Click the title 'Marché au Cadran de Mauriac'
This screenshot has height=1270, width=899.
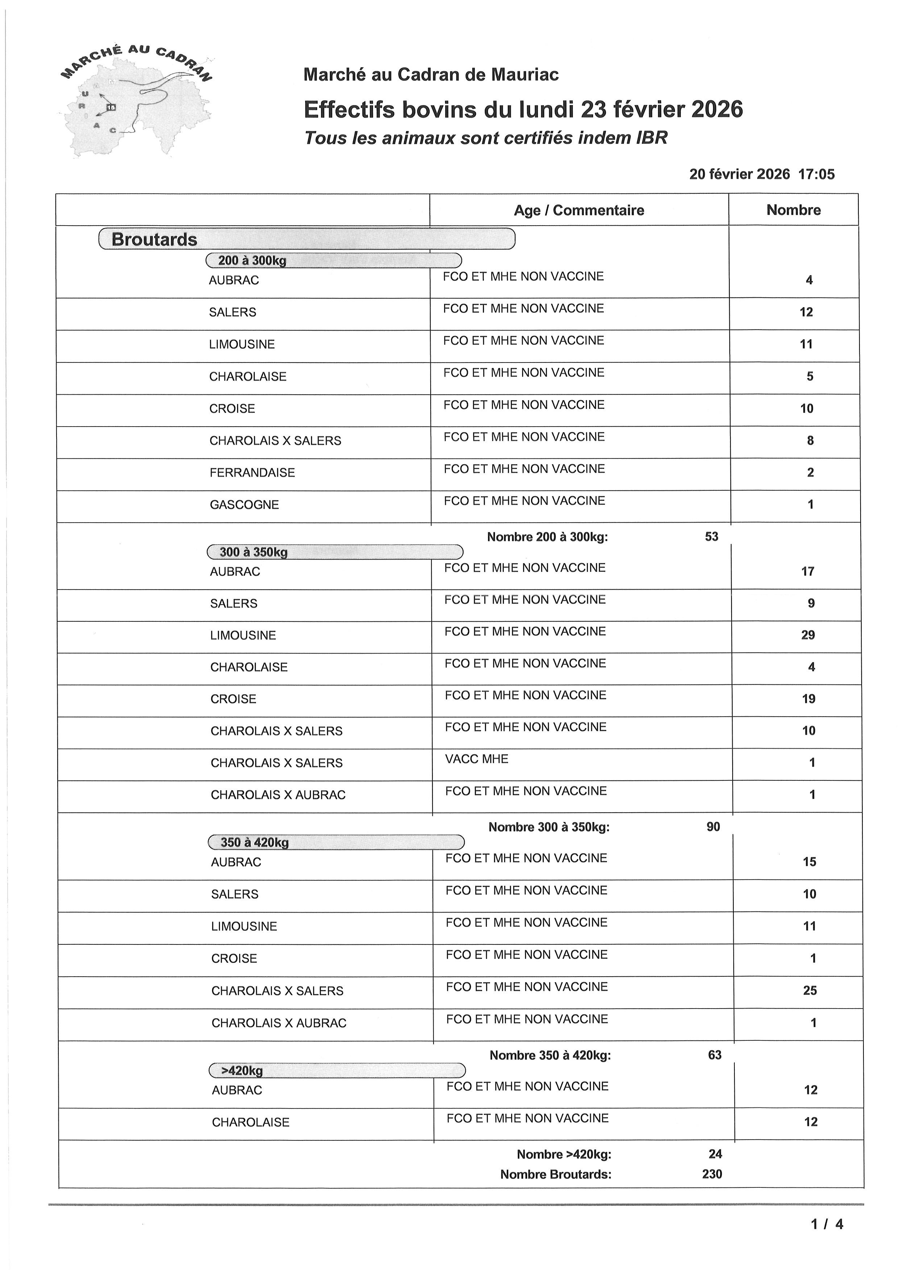click(x=431, y=75)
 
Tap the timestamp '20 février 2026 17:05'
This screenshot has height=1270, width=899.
click(x=761, y=174)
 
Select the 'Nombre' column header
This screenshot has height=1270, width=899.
click(x=793, y=210)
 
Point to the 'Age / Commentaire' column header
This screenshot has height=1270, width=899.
click(x=579, y=210)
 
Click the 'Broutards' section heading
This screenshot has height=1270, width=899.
click(x=154, y=239)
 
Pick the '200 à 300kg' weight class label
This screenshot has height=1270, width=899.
click(x=252, y=260)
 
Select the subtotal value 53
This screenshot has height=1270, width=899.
click(x=711, y=537)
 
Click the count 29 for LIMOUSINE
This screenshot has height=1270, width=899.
click(x=808, y=635)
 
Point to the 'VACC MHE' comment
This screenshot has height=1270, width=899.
click(x=477, y=759)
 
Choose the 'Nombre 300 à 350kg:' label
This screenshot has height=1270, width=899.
click(x=548, y=827)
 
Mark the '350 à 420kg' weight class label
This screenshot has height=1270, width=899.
click(x=254, y=842)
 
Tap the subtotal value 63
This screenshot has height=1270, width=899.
click(x=714, y=1055)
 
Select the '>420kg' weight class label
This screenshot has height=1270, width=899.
click(x=242, y=1070)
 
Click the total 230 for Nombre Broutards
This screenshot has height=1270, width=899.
click(x=712, y=1174)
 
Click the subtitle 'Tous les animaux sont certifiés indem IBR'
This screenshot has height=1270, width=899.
click(x=485, y=138)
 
